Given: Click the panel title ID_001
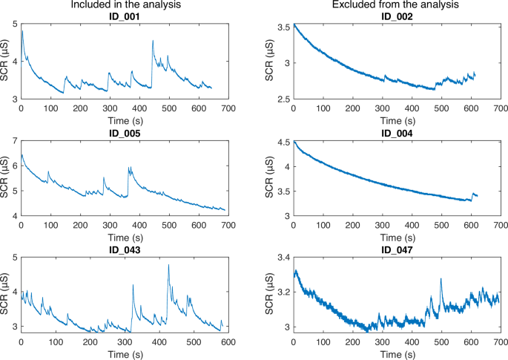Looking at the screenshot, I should pyautogui.click(x=123, y=16).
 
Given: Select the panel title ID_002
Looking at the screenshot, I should pyautogui.click(x=397, y=16).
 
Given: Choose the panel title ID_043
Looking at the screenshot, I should pyautogui.click(x=123, y=249).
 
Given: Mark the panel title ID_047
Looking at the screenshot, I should pyautogui.click(x=397, y=249).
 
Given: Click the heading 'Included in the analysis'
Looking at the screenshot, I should pyautogui.click(x=123, y=5).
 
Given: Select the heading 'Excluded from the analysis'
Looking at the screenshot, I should pyautogui.click(x=397, y=5).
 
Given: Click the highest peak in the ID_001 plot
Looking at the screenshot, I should pyautogui.click(x=153, y=42).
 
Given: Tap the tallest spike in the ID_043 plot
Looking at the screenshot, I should pyautogui.click(x=168, y=265).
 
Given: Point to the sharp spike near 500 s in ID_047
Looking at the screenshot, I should pyautogui.click(x=441, y=279).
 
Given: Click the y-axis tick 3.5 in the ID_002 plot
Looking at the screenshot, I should pyautogui.click(x=283, y=27).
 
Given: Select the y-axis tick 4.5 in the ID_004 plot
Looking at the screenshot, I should pyautogui.click(x=283, y=142).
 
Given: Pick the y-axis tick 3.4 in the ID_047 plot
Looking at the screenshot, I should pyautogui.click(x=283, y=258).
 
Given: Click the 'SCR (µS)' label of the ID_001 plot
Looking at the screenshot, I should pyautogui.click(x=6, y=62).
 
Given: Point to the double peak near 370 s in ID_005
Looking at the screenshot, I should pyautogui.click(x=130, y=168).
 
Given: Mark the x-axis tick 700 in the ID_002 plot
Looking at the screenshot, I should pyautogui.click(x=500, y=108).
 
